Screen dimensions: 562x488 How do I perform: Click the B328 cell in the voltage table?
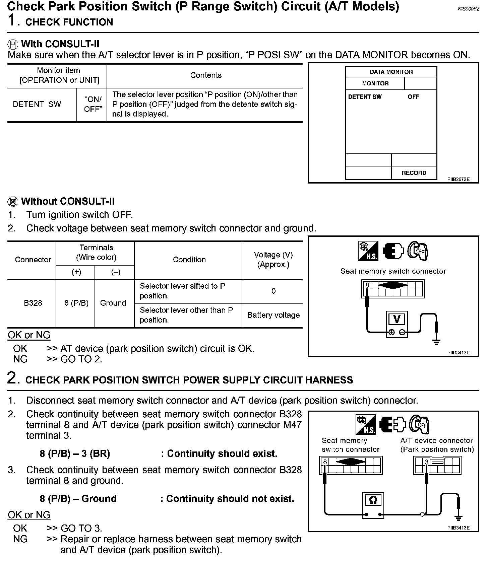click(x=33, y=303)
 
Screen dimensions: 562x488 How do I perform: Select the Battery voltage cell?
click(x=273, y=315)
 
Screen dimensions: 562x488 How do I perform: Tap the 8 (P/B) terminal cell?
click(x=76, y=303)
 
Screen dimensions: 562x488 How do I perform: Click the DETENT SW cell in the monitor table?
click(x=37, y=104)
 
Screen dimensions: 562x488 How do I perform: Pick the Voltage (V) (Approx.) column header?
click(x=273, y=260)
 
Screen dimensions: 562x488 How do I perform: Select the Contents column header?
click(x=206, y=75)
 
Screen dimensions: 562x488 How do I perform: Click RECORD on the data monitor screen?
click(x=414, y=173)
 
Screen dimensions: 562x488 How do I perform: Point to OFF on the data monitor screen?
click(x=413, y=97)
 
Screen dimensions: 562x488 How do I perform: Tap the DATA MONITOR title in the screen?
click(x=391, y=72)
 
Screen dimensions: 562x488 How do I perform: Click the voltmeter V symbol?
click(x=397, y=319)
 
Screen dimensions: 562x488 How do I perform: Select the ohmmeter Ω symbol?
click(x=373, y=500)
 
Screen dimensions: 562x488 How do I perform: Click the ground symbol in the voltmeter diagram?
click(x=436, y=341)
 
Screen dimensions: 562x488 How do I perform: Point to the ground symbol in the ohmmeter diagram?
click(x=458, y=518)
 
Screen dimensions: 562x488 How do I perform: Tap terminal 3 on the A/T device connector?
click(x=426, y=463)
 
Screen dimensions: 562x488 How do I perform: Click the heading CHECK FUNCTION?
click(x=69, y=22)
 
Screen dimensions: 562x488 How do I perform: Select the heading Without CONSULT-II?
click(x=68, y=201)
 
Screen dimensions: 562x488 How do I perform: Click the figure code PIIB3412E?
click(x=458, y=353)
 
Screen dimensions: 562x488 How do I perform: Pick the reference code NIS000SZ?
click(x=469, y=9)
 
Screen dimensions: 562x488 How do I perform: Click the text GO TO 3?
click(x=81, y=528)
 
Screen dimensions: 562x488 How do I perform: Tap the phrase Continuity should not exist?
click(x=230, y=499)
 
